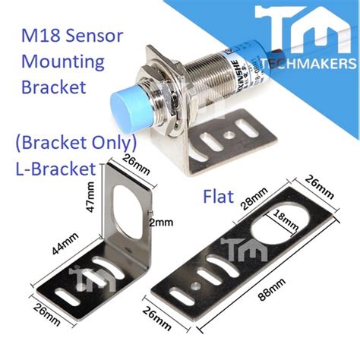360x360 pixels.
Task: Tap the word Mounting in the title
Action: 57,61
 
